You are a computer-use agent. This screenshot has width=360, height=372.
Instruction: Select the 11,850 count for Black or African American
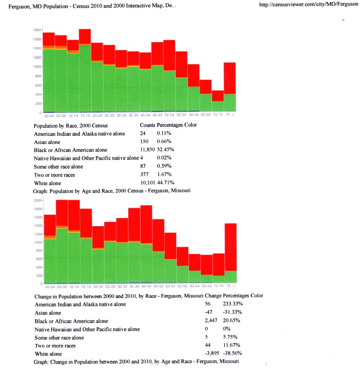[x=147, y=150]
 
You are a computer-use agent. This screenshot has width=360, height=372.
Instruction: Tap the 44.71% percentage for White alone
[x=166, y=183]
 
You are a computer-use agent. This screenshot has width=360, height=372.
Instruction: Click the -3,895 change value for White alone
[x=211, y=353]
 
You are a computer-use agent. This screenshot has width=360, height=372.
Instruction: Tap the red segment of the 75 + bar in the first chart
[x=230, y=78]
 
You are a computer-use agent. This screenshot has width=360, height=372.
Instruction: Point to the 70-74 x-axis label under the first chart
[x=218, y=116]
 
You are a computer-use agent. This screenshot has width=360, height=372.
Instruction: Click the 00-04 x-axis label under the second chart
[x=50, y=287]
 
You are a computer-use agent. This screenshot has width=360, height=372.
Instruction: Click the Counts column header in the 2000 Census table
[x=147, y=125]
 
